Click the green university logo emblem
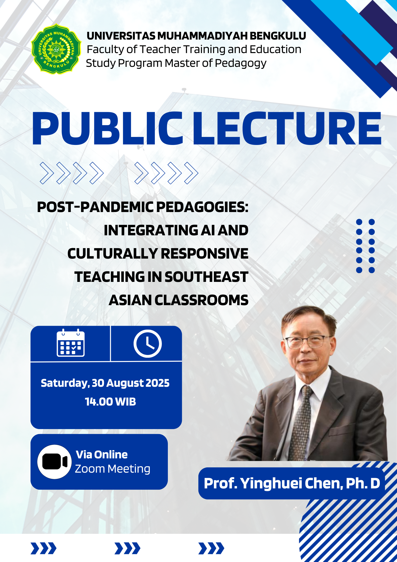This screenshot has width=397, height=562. point(56,49)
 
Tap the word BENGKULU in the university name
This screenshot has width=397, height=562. point(278,36)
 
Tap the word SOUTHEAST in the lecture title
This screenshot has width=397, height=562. point(206,277)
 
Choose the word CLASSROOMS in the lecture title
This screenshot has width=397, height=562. point(201,300)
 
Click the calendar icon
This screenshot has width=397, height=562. point(71,343)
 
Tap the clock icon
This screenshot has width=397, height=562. point(148,343)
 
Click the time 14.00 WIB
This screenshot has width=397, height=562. point(110,402)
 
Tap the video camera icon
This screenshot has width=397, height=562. point(55,462)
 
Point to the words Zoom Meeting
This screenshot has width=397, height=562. point(113,469)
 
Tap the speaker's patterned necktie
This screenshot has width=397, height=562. point(303,423)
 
